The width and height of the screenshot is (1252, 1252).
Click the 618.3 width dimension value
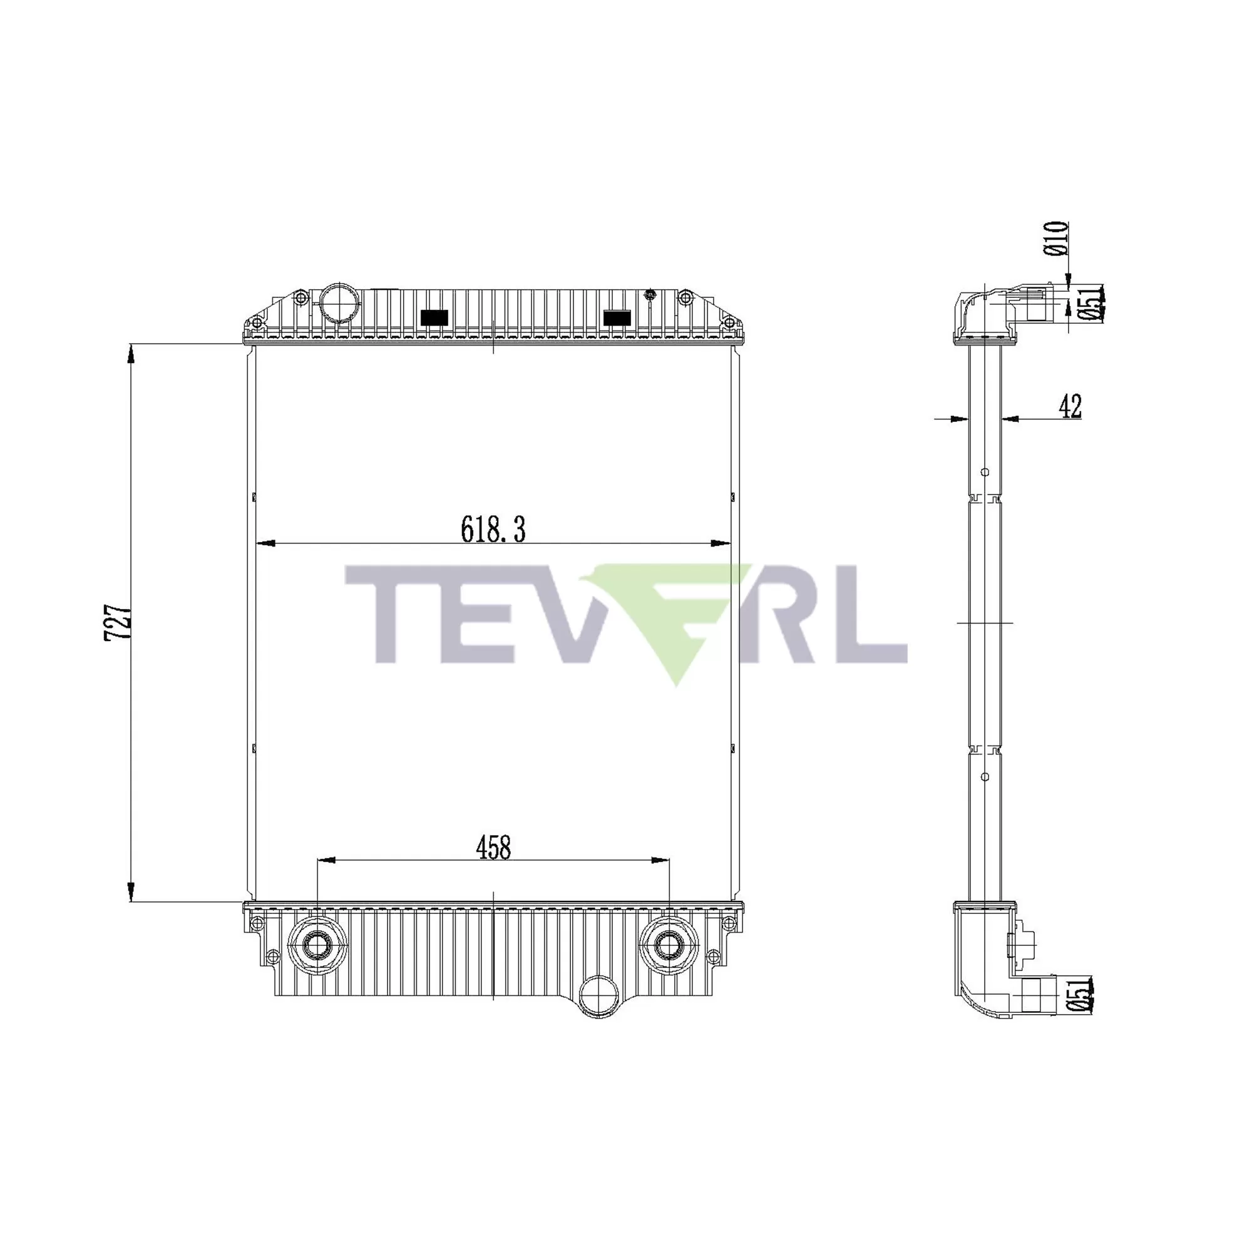(493, 530)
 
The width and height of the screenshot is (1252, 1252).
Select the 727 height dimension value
(118, 623)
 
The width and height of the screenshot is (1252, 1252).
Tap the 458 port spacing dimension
(493, 848)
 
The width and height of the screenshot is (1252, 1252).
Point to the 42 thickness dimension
(1070, 406)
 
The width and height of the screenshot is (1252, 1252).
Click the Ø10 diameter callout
(1055, 238)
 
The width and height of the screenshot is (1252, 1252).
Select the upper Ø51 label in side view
(1090, 303)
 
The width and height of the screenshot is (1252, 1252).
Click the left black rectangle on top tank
(434, 317)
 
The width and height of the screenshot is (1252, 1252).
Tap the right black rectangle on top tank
(617, 317)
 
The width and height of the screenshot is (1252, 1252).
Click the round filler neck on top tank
(339, 300)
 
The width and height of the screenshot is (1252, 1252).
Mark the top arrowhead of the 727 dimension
(131, 354)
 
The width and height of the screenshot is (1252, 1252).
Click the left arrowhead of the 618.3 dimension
(265, 543)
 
